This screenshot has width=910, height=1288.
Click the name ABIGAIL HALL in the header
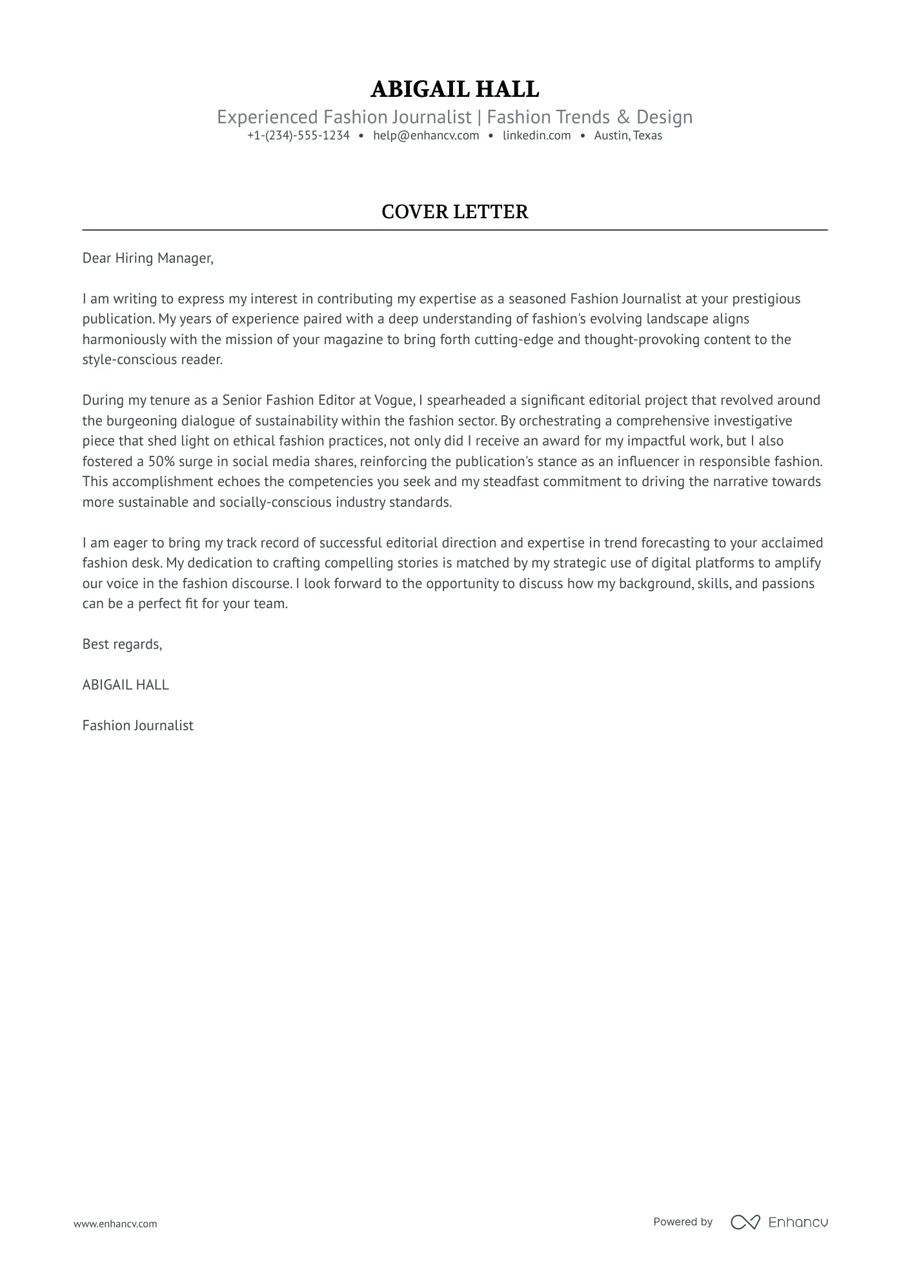point(454,89)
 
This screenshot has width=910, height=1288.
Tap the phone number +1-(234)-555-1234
point(298,136)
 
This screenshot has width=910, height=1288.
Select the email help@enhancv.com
point(426,136)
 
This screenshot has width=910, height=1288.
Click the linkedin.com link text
point(536,136)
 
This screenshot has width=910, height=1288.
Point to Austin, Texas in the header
point(628,136)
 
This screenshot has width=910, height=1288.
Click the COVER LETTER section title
point(454,212)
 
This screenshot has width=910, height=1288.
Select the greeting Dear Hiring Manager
point(147,258)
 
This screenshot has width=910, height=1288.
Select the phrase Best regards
point(122,644)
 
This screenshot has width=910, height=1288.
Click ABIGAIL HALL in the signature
point(125,685)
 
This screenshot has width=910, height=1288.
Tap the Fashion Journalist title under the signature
point(137,726)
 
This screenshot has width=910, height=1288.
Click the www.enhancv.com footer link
point(115,1223)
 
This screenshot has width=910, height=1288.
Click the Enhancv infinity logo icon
point(745,1222)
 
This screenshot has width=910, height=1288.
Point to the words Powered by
point(682,1222)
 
